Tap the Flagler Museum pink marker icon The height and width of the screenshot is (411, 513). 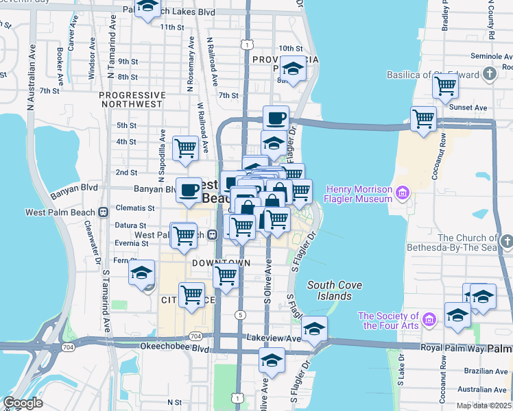click(x=401, y=195)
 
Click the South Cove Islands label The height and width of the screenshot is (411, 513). click(x=330, y=290)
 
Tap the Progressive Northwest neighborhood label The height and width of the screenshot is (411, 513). click(x=132, y=99)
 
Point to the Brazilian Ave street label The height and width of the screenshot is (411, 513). click(x=484, y=370)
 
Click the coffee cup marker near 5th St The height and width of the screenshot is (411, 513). click(x=276, y=118)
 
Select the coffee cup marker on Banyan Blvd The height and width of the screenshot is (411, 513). click(x=189, y=190)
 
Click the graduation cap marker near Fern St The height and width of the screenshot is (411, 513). click(x=142, y=273)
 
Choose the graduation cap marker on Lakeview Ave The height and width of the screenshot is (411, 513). click(x=314, y=331)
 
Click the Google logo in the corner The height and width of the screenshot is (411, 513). click(x=23, y=403)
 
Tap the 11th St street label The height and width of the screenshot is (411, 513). click(x=172, y=27)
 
